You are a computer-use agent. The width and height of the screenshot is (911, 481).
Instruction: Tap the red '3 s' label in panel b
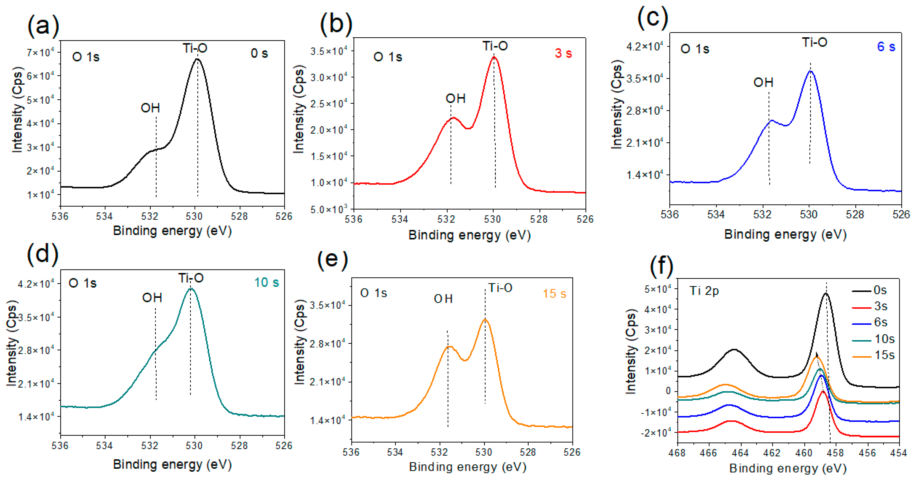click(x=563, y=53)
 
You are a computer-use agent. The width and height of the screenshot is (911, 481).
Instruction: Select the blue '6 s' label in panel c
click(x=886, y=46)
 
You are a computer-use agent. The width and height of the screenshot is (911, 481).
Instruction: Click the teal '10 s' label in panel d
click(x=266, y=283)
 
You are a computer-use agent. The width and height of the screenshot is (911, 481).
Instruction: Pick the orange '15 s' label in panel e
click(x=554, y=294)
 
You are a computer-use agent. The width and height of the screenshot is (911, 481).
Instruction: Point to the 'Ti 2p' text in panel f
click(x=704, y=291)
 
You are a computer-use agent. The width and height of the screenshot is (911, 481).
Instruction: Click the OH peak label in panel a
click(x=150, y=108)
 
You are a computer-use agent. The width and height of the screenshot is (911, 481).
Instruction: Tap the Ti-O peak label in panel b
click(x=495, y=46)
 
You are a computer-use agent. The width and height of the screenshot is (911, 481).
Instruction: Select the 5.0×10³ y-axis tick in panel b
click(x=329, y=209)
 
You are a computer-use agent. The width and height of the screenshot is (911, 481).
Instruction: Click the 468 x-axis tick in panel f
click(x=677, y=453)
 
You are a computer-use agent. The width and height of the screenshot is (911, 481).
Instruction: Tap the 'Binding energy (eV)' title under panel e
click(x=467, y=467)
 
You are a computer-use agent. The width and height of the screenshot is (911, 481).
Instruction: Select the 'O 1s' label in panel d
click(x=82, y=283)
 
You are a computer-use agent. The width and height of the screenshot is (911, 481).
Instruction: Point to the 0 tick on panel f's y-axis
click(x=668, y=391)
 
